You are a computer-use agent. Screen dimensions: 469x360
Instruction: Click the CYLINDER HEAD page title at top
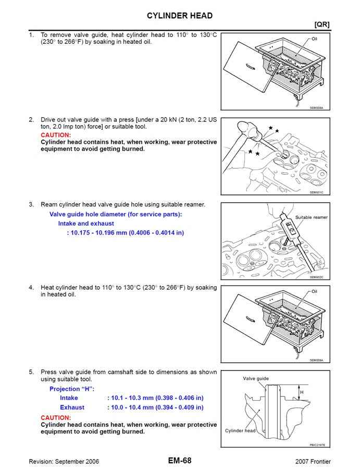179,16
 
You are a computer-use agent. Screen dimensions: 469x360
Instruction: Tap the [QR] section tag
321,24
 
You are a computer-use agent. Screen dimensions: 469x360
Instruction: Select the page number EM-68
179,461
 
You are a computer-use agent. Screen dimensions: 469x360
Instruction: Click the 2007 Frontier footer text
313,462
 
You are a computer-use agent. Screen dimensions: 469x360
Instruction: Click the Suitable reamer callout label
311,217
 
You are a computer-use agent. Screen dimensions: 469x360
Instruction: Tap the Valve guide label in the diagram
256,379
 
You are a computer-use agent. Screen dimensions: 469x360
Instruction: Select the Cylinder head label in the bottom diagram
240,431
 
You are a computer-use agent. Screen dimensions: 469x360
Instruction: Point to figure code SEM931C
316,192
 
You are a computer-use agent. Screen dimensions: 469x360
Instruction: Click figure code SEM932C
316,277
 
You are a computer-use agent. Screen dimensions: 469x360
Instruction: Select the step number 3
31,204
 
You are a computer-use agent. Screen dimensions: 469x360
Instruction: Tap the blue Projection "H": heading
72,389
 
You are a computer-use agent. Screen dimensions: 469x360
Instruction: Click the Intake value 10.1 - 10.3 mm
155,398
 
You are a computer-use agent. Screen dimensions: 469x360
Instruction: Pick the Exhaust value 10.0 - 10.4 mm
155,408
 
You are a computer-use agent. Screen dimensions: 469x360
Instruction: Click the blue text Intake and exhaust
86,223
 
